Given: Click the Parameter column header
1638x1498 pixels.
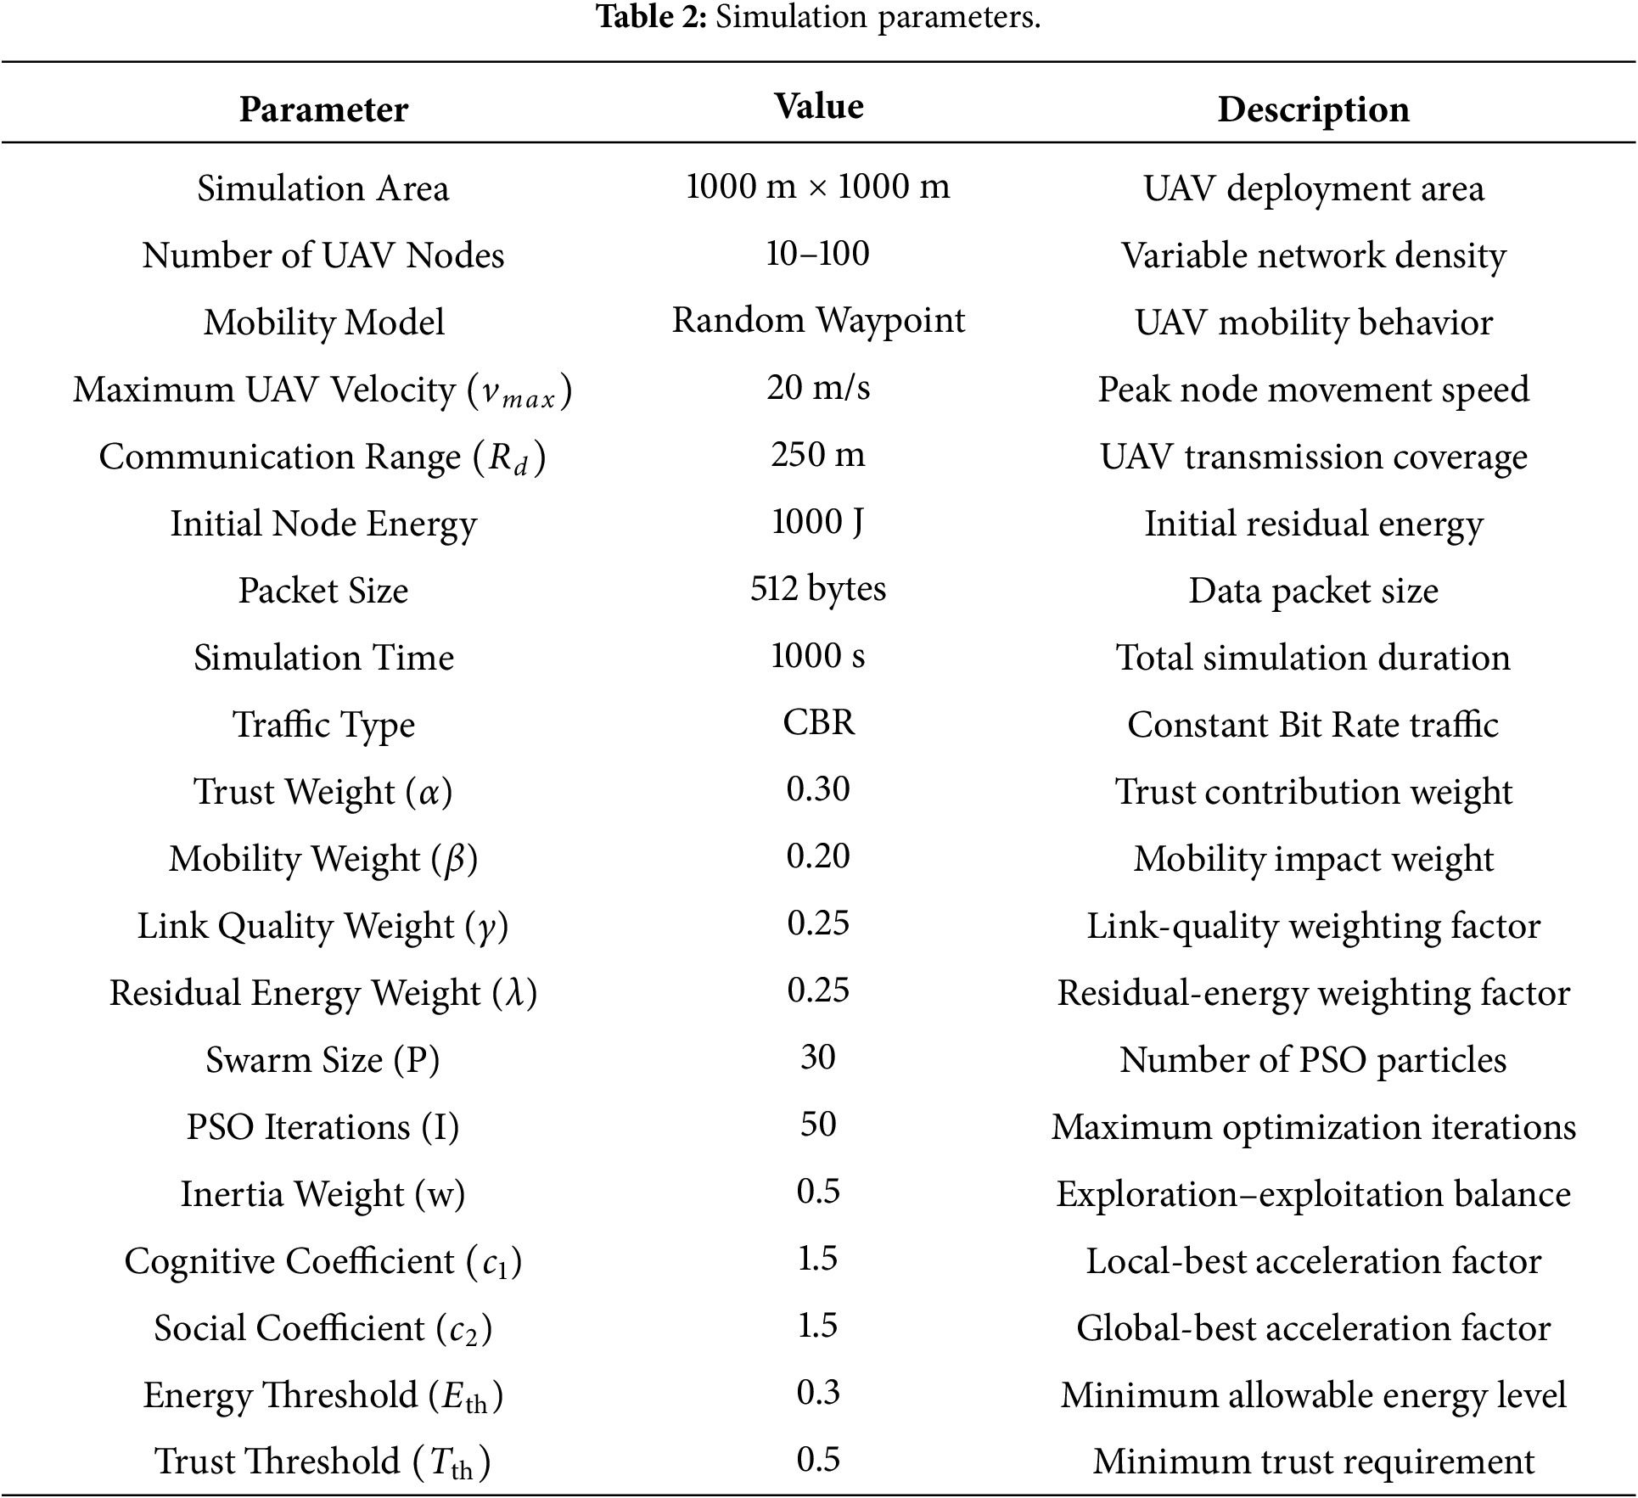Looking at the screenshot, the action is point(323,109).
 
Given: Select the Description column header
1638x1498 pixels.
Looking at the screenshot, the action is point(1313,109).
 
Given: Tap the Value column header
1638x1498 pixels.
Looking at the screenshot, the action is point(819,106).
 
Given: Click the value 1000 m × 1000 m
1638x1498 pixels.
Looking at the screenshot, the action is point(818,186).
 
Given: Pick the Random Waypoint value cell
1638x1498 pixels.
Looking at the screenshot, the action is point(818,320).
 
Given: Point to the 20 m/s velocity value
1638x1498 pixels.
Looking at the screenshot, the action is point(818,387).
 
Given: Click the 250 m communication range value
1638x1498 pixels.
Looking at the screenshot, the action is point(818,454).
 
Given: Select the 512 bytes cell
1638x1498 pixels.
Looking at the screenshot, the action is point(818,588).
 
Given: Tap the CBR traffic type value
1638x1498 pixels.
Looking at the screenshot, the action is point(818,722).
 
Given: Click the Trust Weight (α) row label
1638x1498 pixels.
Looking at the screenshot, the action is point(323,791).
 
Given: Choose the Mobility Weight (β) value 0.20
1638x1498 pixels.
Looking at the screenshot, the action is point(818,856).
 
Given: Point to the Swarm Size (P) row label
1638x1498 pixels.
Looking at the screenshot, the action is point(323,1059).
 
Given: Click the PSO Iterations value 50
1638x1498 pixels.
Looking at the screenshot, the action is point(818,1125).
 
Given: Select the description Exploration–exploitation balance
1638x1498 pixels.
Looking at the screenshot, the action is point(1313,1194).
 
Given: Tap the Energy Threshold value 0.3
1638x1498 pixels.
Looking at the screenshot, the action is point(818,1393).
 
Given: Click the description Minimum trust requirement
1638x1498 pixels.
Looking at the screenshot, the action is point(1313,1462).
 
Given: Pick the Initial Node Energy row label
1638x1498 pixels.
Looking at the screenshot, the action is point(323,524).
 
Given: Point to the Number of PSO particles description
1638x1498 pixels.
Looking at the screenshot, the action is point(1313,1059).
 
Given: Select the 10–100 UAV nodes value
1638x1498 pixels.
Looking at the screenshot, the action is point(818,253).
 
